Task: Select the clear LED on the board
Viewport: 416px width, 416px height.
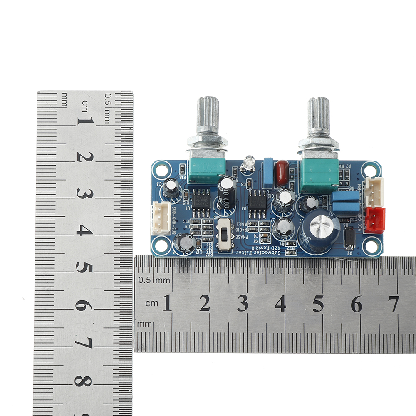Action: point(248,162)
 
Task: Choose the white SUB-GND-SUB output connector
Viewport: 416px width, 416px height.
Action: point(161,217)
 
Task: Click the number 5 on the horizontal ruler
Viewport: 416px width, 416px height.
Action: point(318,304)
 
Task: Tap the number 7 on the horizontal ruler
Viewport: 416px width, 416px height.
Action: point(394,304)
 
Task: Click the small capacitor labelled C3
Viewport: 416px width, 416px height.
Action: point(171,188)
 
